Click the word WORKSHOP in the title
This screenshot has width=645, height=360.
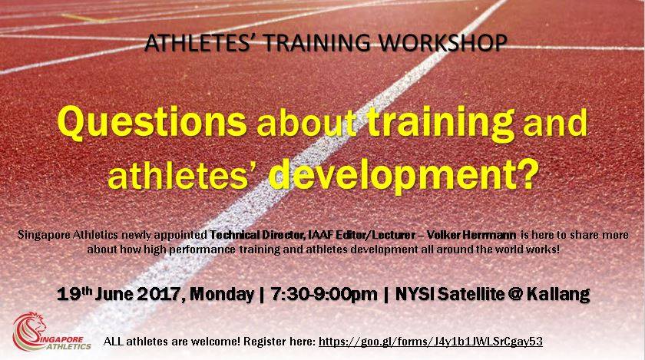click(x=442, y=43)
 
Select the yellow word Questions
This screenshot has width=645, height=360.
click(x=152, y=122)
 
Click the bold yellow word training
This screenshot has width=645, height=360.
click(x=440, y=124)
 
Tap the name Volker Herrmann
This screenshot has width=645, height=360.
click(x=471, y=235)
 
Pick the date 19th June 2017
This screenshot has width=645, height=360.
click(x=118, y=294)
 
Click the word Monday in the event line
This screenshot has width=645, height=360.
click(x=222, y=294)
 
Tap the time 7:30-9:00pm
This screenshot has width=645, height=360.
click(x=324, y=294)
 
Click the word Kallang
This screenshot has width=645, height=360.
click(x=558, y=294)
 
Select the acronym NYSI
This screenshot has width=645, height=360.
click(x=414, y=294)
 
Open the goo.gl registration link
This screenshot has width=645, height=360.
click(x=431, y=342)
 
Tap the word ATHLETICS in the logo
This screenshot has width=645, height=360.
click(x=68, y=347)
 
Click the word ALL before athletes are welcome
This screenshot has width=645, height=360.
click(x=113, y=341)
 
